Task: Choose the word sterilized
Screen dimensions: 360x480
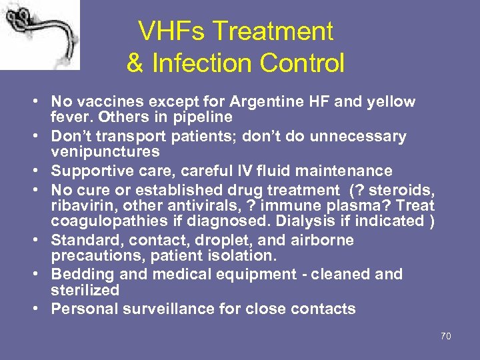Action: point(85,291)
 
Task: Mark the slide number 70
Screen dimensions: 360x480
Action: point(445,336)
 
